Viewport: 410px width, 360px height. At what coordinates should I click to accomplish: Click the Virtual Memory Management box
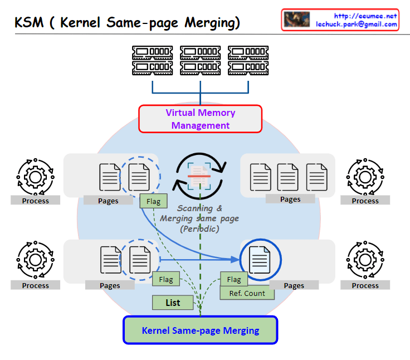click(200, 119)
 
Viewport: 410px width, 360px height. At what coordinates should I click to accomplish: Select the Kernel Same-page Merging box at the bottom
click(200, 330)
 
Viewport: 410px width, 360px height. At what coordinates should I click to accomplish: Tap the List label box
click(173, 303)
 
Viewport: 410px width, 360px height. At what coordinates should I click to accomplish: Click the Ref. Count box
click(247, 293)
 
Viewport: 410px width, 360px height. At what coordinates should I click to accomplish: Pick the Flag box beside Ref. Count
click(233, 279)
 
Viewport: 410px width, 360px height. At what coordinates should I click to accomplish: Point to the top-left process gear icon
click(35, 177)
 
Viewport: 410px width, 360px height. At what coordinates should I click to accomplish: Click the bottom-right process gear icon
click(365, 262)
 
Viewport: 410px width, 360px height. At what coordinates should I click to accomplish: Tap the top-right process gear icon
click(365, 177)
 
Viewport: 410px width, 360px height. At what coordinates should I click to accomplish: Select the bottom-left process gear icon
click(35, 262)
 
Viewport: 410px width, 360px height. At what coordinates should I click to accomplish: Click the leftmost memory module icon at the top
click(152, 60)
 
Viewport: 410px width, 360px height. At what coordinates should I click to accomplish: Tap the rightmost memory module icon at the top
click(248, 60)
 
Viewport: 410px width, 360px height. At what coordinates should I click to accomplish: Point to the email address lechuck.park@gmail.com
click(357, 25)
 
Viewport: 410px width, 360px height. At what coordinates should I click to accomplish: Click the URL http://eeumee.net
click(365, 16)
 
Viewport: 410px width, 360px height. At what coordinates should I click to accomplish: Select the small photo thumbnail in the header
click(297, 20)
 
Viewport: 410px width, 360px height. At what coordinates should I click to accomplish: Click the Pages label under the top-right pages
click(290, 199)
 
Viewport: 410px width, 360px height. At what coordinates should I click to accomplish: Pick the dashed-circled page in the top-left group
click(138, 177)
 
